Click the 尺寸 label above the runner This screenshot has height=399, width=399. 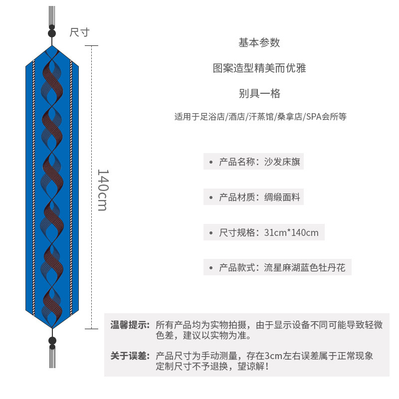pos(79,32)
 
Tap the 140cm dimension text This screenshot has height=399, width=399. pos(102,190)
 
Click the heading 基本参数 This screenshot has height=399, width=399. pos(259,43)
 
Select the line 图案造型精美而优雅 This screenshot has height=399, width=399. pos(259,68)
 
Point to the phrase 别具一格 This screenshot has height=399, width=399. pos(259,93)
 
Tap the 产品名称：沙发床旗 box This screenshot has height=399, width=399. pos(253,162)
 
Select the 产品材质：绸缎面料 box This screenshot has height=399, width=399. pos(253,197)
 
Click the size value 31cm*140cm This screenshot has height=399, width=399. pos(291,232)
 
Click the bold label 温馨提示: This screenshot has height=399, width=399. pos(130,325)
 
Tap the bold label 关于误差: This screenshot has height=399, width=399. pos(130,356)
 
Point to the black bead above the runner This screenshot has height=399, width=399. pos(51,33)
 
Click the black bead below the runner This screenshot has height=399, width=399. pos(52,341)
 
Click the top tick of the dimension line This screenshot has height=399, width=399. pos(91,45)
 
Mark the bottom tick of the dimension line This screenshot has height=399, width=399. pos(91,329)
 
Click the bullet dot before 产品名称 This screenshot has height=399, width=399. pos(211,162)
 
